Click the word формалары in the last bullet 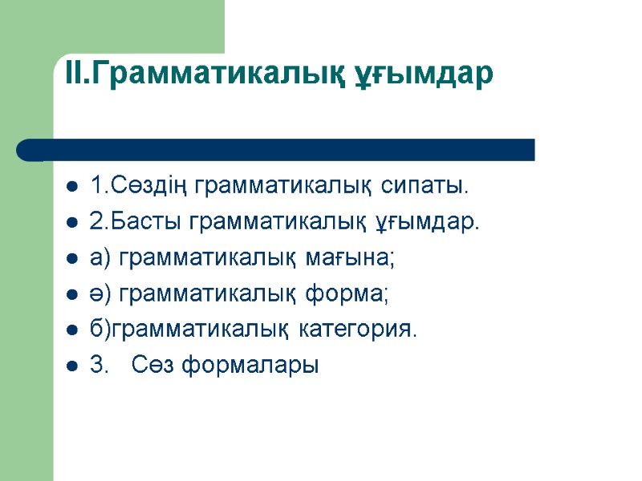point(250,366)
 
